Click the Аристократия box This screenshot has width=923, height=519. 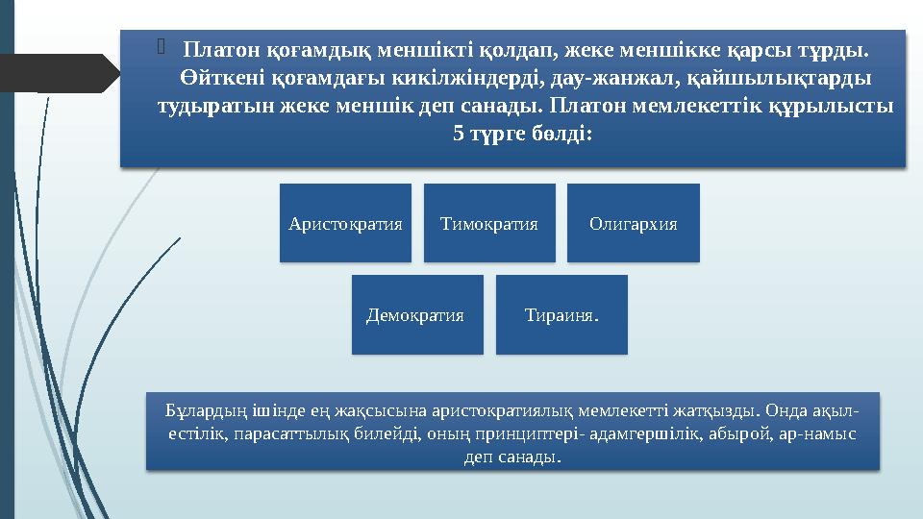pos(345,223)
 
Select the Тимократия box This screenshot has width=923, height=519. pos(488,223)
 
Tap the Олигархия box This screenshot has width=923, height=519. pos(633,223)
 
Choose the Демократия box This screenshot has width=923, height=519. pos(416,314)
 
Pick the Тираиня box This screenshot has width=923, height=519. pos(561,314)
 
